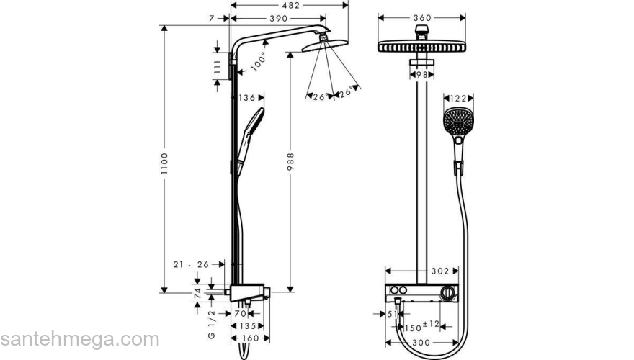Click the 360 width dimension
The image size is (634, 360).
coord(423,17)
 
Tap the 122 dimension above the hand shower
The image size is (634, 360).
coord(457,98)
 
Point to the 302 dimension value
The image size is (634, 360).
coord(441,271)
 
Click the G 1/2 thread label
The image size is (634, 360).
coord(212,325)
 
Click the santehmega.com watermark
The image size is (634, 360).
coord(79,339)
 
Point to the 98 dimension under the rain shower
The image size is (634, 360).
coord(423,74)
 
